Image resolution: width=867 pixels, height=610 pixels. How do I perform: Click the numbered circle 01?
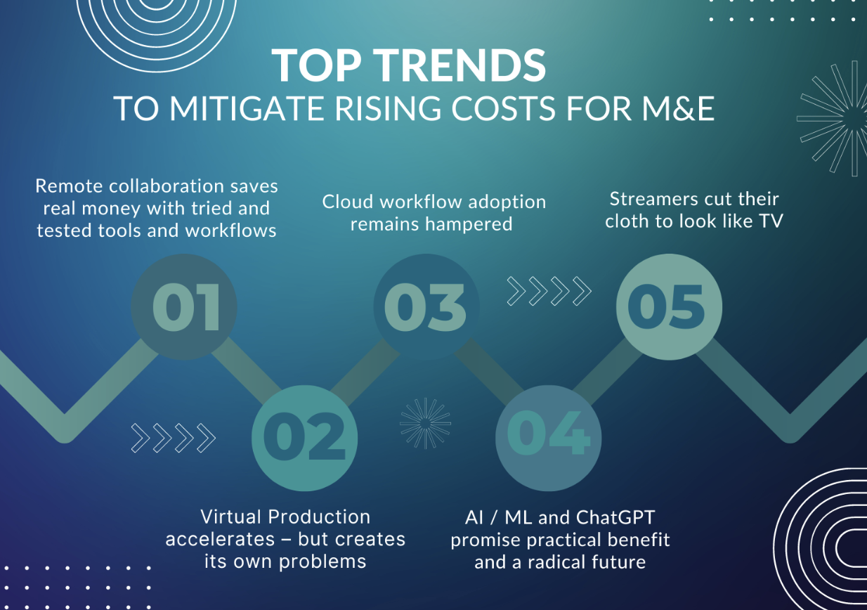[x=185, y=307]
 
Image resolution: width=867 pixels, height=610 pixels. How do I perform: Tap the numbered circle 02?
[x=305, y=438]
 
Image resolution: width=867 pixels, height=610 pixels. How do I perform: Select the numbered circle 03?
[x=426, y=307]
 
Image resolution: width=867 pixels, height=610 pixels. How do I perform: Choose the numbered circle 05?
[x=668, y=307]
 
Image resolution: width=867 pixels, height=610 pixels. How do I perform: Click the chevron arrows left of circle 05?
[x=549, y=291]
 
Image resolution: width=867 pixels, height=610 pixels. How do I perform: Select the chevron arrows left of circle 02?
[x=173, y=438]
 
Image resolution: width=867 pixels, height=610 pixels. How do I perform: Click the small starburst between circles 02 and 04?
[x=425, y=422]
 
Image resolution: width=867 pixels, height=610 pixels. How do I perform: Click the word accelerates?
[x=220, y=540]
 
